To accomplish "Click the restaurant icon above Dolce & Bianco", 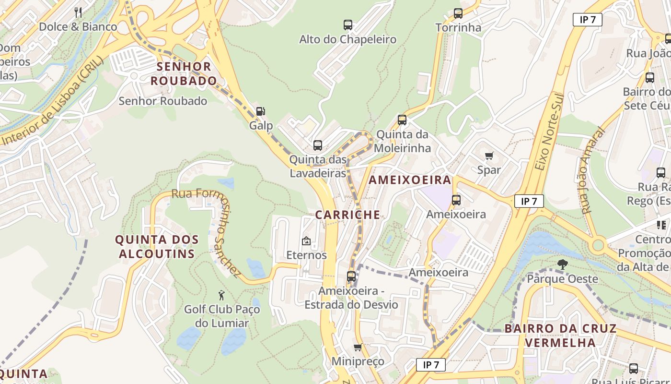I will point(78,12).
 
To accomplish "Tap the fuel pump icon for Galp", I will point(260,111).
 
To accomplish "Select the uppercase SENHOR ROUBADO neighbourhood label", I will point(184,73).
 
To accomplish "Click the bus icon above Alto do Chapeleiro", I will point(348,25).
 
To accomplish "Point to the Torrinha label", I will point(458,27).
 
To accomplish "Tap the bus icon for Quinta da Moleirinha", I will point(402,120).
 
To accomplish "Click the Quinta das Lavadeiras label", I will point(317,166).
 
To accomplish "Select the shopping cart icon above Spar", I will point(489,156).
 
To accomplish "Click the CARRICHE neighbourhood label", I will point(347,215).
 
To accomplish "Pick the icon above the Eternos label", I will point(306,241).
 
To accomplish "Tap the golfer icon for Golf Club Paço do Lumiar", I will point(221,295).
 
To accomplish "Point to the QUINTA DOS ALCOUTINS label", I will point(157,247).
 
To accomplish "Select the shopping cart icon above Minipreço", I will point(358,348).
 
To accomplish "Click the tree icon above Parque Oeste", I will point(562,264).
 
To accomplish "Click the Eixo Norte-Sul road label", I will point(547,131).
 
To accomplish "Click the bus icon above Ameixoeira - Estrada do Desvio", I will point(351,276).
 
